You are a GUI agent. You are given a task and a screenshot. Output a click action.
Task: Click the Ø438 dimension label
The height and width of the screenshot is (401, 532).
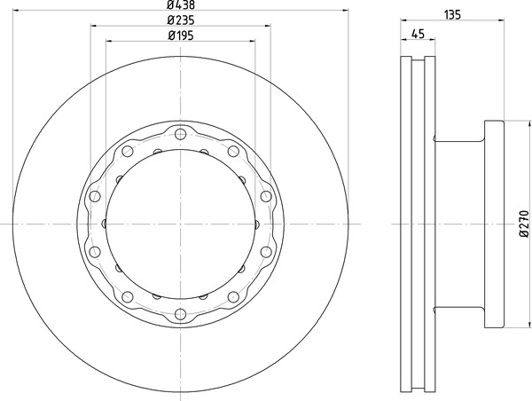click(x=181, y=4)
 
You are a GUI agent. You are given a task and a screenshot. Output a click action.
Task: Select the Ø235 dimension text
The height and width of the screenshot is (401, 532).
click(x=181, y=20)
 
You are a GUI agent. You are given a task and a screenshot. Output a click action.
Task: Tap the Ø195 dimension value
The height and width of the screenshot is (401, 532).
click(x=181, y=35)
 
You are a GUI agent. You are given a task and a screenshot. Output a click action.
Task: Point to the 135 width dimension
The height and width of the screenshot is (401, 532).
click(x=452, y=14)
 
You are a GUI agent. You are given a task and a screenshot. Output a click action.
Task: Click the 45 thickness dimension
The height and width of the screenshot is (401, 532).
click(x=418, y=34)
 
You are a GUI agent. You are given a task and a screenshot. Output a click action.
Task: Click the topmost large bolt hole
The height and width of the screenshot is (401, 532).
click(x=181, y=134)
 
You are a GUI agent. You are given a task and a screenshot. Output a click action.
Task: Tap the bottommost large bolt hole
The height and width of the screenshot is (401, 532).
click(x=181, y=314)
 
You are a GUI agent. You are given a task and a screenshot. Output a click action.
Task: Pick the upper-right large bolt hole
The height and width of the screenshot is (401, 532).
click(x=233, y=151)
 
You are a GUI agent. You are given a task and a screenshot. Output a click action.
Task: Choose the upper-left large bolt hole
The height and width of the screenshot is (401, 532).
click(x=127, y=151)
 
